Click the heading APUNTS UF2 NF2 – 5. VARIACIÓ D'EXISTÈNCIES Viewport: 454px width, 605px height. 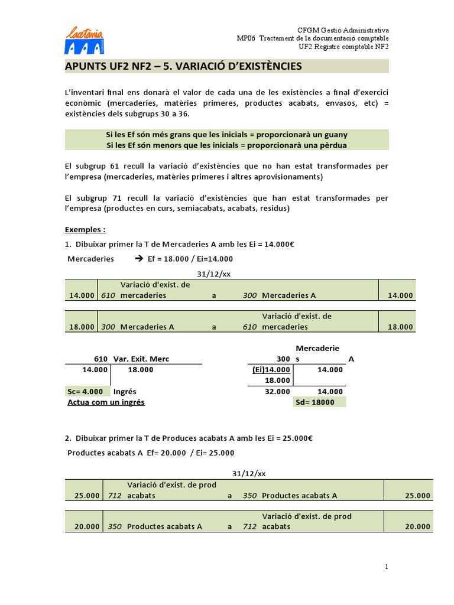(x=183, y=66)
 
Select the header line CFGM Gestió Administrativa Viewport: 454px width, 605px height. (x=342, y=30)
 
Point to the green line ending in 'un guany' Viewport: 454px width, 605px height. (x=226, y=135)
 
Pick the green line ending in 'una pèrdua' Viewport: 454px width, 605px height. (x=226, y=145)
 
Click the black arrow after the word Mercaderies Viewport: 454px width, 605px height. (x=139, y=259)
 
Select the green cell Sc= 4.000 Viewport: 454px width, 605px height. (x=86, y=391)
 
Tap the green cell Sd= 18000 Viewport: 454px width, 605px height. (x=319, y=402)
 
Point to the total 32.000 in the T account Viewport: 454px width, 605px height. (x=278, y=391)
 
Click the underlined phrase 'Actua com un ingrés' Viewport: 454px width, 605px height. (x=106, y=402)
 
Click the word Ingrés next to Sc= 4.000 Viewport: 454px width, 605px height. (x=125, y=391)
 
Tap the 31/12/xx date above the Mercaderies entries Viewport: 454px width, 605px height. (x=213, y=273)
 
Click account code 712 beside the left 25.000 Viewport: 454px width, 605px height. (x=115, y=495)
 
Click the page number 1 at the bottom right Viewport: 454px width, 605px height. (x=387, y=567)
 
